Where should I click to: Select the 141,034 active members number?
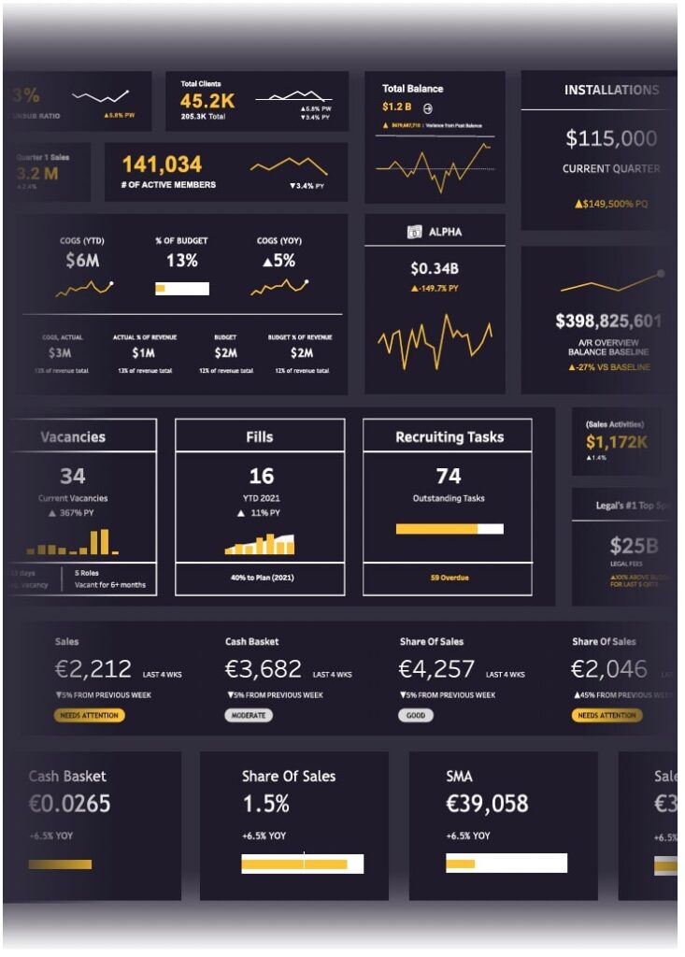click(162, 165)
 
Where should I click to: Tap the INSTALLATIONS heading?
click(611, 91)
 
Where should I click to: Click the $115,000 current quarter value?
click(611, 139)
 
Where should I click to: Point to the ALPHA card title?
click(445, 232)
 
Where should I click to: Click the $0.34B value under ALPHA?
click(435, 269)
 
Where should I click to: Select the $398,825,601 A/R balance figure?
click(608, 321)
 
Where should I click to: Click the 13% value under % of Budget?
click(182, 261)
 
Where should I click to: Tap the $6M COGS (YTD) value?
click(82, 261)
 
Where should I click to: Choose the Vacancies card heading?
click(73, 436)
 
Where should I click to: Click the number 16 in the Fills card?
click(261, 476)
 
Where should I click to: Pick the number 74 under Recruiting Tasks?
click(449, 476)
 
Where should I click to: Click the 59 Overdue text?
click(449, 578)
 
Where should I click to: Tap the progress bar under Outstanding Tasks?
click(449, 529)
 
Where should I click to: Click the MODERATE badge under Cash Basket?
click(248, 715)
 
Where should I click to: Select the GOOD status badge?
click(416, 715)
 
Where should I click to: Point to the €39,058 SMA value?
click(487, 804)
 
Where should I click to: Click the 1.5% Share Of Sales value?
click(266, 804)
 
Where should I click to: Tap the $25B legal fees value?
click(634, 546)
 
